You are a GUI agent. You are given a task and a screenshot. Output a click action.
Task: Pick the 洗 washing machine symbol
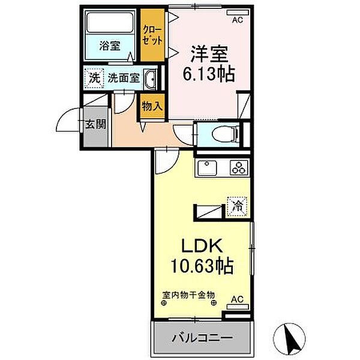coord(94,77)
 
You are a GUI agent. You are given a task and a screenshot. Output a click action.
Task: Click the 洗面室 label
coord(124,78)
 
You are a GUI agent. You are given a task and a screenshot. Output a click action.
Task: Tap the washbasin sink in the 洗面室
coord(151,79)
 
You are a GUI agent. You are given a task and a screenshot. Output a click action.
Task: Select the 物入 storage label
coord(151,106)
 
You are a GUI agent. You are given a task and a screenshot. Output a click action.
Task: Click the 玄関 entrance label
coord(95,125)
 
